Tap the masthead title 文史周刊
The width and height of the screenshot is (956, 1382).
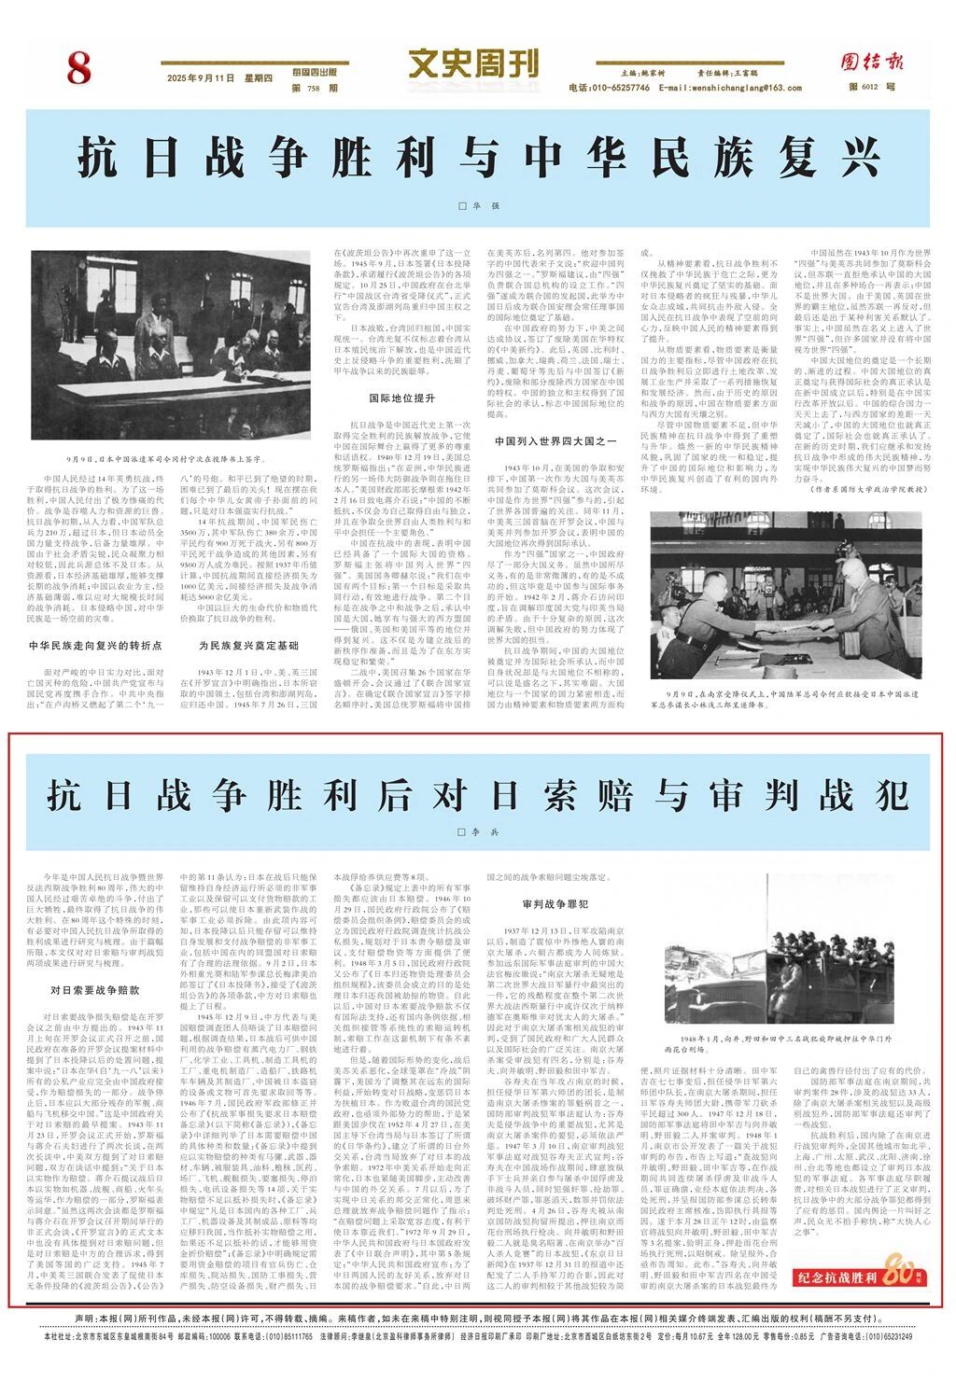pos(473,64)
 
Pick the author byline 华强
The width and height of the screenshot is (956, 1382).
pos(478,205)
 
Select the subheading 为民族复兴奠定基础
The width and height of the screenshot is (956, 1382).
pos(248,645)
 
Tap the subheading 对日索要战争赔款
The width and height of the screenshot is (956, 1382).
pos(96,989)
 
